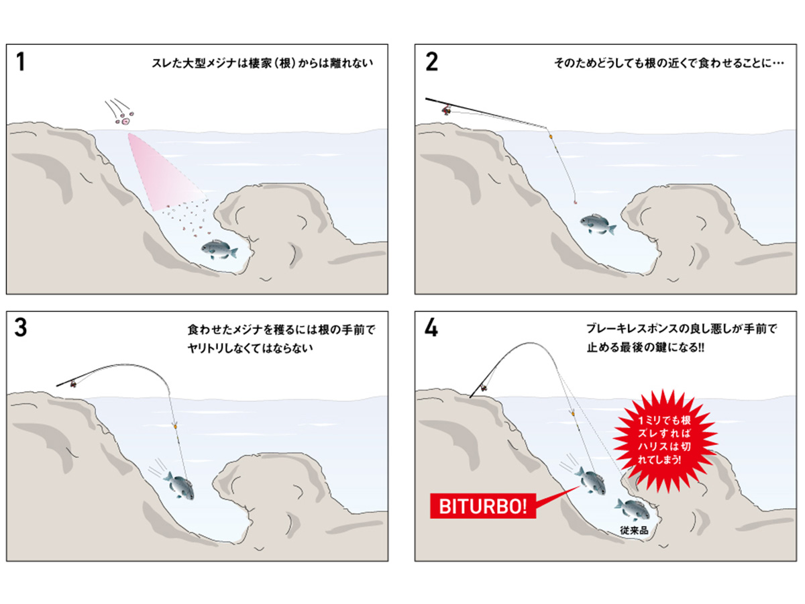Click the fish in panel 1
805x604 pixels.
click(x=219, y=250)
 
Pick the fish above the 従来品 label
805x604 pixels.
click(x=631, y=509)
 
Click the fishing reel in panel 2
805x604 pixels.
click(x=447, y=108)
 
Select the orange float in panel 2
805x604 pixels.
click(x=551, y=137)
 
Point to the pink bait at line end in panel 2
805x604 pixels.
click(x=575, y=200)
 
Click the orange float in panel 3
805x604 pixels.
click(x=174, y=425)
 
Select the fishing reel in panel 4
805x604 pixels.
click(x=483, y=388)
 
